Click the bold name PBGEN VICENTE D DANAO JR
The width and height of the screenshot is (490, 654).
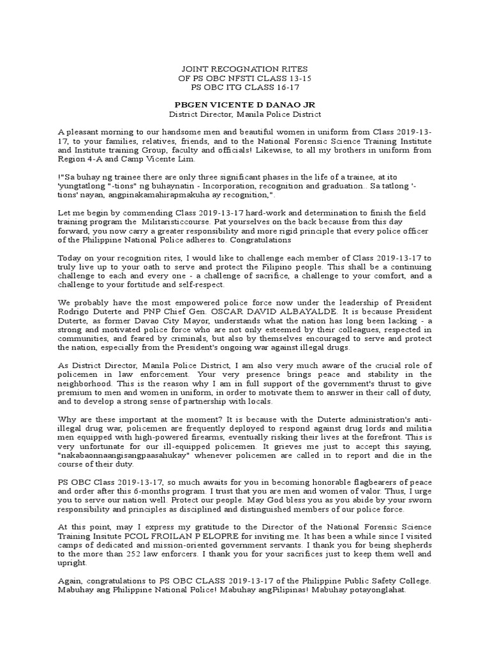246,105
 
